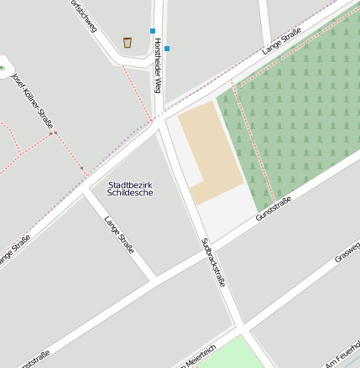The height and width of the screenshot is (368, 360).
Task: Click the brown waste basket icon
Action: pyautogui.click(x=128, y=42)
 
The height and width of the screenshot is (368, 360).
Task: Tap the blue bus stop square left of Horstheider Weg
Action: pyautogui.click(x=153, y=31)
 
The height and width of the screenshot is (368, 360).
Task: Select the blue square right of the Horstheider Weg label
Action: pyautogui.click(x=167, y=49)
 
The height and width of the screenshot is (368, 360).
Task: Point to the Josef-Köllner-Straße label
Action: pyautogui.click(x=33, y=101)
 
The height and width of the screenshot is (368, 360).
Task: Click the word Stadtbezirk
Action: pyautogui.click(x=131, y=184)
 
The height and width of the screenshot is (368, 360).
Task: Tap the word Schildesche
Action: pyautogui.click(x=131, y=193)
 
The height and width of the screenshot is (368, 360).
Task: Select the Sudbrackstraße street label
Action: pyautogui.click(x=213, y=262)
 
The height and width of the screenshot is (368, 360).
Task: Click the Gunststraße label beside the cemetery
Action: pyautogui.click(x=274, y=209)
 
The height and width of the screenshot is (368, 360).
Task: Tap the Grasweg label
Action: pyautogui.click(x=347, y=252)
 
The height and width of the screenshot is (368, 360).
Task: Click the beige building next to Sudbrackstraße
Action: pyautogui.click(x=211, y=151)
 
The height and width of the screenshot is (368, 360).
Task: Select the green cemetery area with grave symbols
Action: pyautogui.click(x=302, y=109)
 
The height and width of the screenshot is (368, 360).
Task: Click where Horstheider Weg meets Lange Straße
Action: pyautogui.click(x=159, y=120)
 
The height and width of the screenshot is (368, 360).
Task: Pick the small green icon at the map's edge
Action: pyautogui.click(x=3, y=67)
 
